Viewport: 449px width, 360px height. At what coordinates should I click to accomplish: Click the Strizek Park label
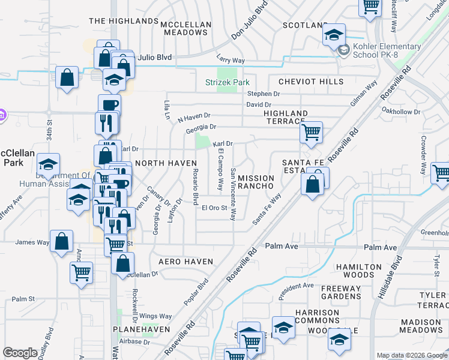pos(228,82)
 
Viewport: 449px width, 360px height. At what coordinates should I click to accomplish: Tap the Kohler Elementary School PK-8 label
pos(378,50)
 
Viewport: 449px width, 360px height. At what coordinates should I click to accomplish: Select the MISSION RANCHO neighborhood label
pos(256,183)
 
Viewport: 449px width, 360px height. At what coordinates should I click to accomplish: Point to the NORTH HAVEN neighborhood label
pos(166,163)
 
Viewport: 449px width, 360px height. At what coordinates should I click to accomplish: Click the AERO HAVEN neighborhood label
pos(185,262)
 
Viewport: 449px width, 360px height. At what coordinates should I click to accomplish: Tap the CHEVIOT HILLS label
pos(311,82)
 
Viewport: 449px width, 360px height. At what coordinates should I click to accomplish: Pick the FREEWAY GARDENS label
pos(341,292)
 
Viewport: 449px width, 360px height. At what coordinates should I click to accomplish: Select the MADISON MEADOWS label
pos(421,326)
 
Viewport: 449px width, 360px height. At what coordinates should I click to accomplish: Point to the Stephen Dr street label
pos(264,94)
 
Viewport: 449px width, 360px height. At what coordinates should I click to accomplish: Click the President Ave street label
pos(297,290)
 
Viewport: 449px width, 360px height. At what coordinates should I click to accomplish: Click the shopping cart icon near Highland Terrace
pos(311,132)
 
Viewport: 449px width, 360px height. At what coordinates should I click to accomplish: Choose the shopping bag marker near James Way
pos(62,242)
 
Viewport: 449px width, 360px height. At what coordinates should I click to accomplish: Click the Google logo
pos(20,353)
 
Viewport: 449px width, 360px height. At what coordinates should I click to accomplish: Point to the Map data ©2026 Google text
pos(412,356)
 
